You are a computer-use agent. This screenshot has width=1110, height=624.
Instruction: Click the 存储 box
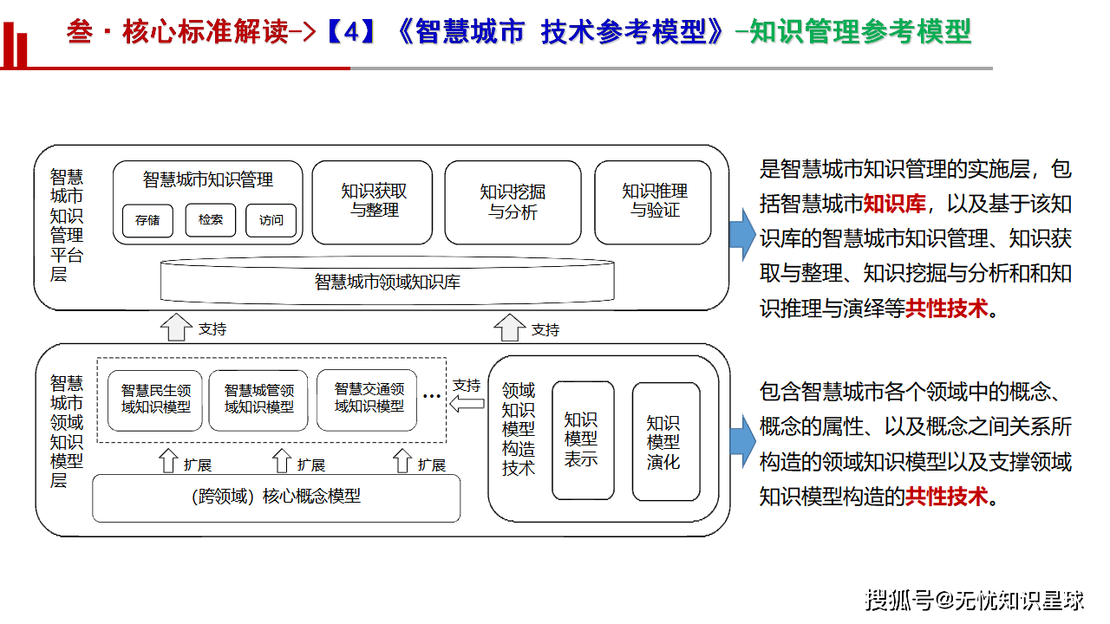pos(147,220)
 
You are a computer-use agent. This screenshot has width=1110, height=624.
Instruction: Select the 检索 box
pos(210,220)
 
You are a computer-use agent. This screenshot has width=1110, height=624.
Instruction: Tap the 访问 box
pos(271,220)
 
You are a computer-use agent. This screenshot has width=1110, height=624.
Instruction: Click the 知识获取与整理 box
pos(374,201)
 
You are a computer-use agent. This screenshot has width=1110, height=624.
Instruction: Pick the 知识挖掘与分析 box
pos(513,201)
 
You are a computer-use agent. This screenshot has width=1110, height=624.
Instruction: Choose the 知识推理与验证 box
pos(655,201)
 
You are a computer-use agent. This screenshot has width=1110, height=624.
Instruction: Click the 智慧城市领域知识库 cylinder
pos(388,282)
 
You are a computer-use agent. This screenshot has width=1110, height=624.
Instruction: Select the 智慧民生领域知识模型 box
pos(155,399)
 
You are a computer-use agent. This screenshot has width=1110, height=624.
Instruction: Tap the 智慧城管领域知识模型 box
pos(258,399)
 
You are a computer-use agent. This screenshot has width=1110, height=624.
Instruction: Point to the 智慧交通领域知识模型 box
pos(369,399)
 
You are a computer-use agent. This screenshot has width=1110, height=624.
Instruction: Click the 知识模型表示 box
pos(582,440)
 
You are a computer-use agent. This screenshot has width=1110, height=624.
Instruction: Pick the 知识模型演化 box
pos(665,440)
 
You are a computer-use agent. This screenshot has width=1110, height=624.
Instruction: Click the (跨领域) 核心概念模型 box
pos(276,497)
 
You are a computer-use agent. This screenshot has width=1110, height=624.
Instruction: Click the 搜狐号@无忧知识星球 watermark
pos(975,599)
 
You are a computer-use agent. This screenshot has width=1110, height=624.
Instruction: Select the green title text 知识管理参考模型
pos(859,33)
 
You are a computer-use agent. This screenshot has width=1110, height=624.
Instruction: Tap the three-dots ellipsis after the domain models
pos(431,395)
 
